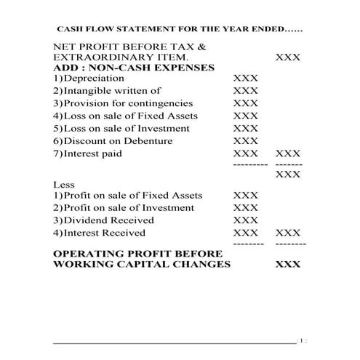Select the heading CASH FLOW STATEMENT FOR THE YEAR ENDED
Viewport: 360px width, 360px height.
181,31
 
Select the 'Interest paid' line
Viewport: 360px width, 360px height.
93,153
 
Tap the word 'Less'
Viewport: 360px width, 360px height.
64,185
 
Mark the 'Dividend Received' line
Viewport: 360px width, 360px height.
108,220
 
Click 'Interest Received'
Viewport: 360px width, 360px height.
105,233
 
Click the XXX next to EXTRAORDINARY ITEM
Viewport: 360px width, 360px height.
288,57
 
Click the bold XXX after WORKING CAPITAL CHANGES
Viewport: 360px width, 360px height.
288,264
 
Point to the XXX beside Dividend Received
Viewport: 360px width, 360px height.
246,220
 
